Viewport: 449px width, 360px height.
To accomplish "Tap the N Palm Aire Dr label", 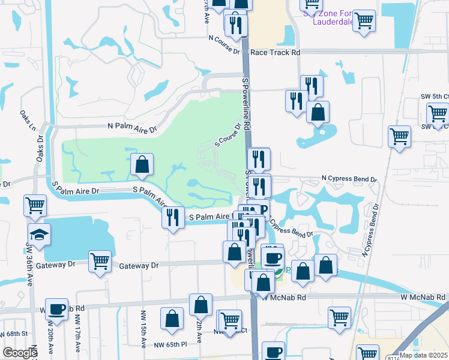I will click(x=131, y=128).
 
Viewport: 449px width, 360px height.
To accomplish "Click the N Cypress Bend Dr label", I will click(x=349, y=179).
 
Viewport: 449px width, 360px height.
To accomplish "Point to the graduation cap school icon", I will click(x=39, y=235).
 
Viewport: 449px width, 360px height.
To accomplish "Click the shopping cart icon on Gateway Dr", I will click(x=100, y=262).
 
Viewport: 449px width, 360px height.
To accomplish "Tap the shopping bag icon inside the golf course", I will click(x=142, y=164).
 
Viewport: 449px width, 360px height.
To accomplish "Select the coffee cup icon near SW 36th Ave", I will click(x=57, y=310).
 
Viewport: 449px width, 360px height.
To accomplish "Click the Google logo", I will click(x=20, y=353).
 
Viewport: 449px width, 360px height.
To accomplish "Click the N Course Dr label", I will click(x=224, y=38).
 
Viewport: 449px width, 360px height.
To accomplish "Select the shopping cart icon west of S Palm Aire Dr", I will click(x=35, y=206).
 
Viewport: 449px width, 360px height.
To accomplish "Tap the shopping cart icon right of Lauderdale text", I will click(x=364, y=21).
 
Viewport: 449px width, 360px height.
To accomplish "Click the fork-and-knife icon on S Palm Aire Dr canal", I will click(x=173, y=217).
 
